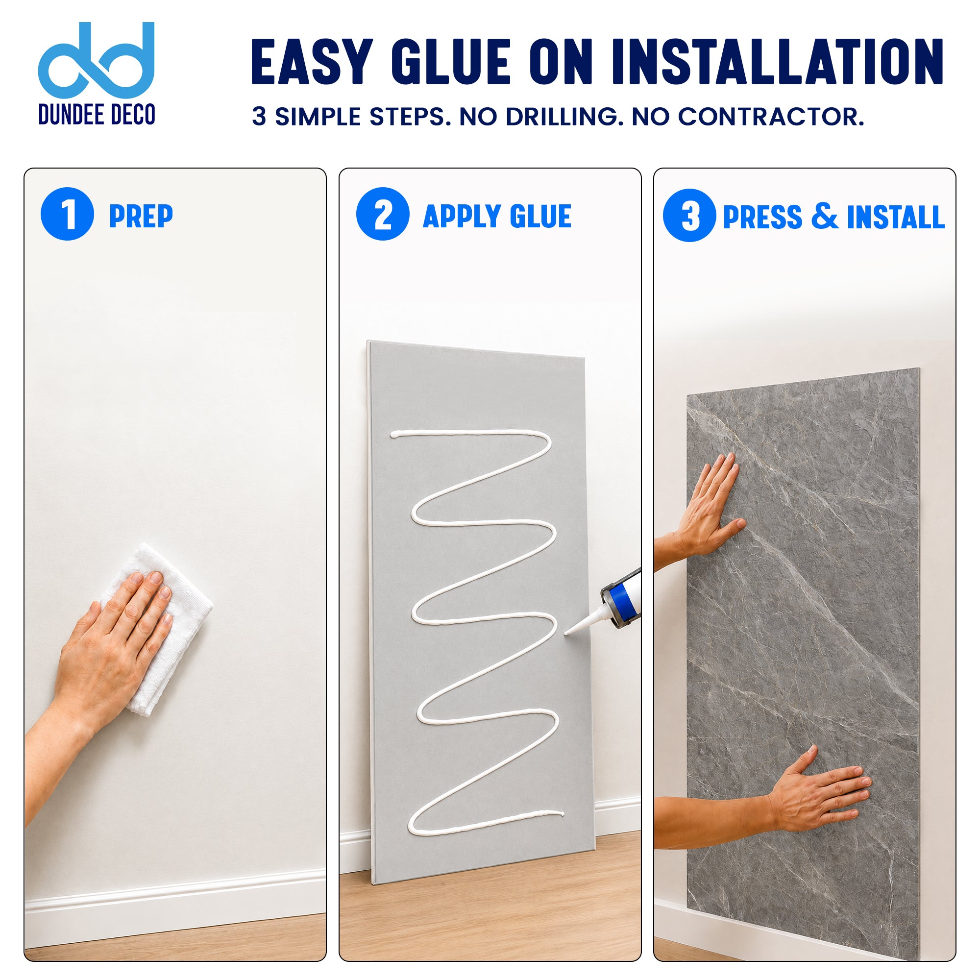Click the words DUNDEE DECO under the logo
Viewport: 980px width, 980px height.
(x=97, y=115)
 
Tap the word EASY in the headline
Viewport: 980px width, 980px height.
(x=312, y=61)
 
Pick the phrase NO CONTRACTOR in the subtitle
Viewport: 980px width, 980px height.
(x=748, y=117)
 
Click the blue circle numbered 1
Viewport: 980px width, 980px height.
(x=67, y=214)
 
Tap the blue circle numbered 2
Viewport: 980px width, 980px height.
(x=383, y=214)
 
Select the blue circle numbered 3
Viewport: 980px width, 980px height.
(x=689, y=215)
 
